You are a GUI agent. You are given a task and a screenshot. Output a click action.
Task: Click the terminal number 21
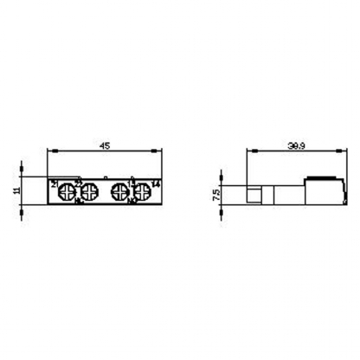tap(55, 184)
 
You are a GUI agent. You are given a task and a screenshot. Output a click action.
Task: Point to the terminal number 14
tap(154, 184)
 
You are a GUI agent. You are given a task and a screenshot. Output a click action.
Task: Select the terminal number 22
tap(77, 183)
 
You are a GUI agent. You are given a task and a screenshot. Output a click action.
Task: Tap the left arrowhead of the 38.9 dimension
tap(250, 155)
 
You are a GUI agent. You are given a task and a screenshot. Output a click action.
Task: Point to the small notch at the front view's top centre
tap(104, 178)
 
